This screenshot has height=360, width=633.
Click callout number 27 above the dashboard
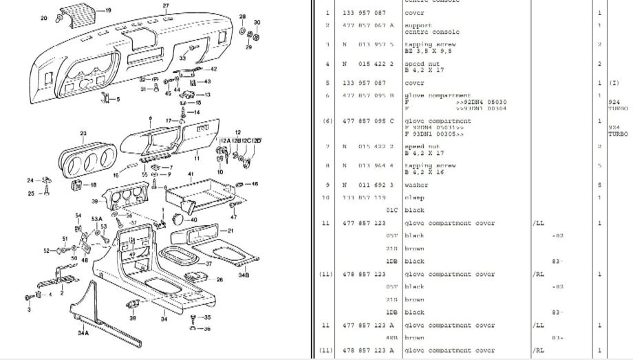click(166, 6)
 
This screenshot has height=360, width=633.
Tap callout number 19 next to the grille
click(108, 10)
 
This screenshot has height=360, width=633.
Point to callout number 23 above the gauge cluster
click(83, 133)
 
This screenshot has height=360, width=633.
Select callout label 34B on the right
click(244, 275)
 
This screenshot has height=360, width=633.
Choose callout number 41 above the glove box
click(191, 175)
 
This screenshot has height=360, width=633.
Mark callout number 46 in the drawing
click(255, 184)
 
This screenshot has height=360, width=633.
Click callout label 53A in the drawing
click(97, 219)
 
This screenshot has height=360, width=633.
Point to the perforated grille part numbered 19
click(75, 12)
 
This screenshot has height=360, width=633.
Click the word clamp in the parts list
click(415, 198)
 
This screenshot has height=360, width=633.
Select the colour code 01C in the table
click(391, 211)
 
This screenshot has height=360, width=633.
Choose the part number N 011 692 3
click(368, 185)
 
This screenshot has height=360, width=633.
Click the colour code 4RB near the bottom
click(392, 338)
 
